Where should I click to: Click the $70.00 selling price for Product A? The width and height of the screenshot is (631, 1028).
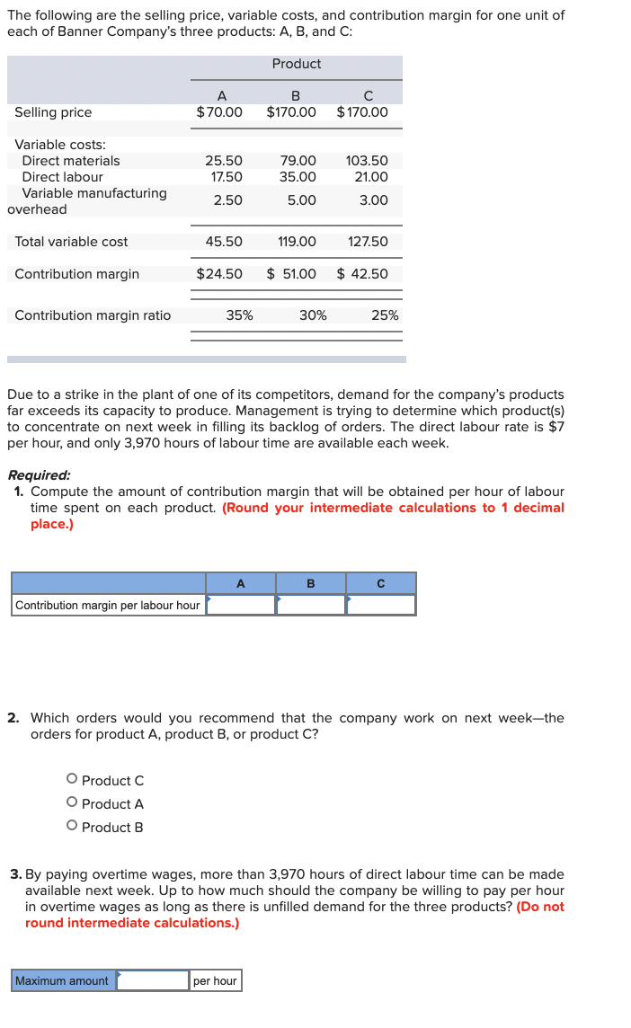(219, 112)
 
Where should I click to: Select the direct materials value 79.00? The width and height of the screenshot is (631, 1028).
(298, 161)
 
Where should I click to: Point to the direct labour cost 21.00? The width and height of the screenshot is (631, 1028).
(371, 177)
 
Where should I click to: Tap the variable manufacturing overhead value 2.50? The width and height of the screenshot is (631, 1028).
(227, 200)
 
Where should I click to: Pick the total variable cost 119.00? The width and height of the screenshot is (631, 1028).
(298, 242)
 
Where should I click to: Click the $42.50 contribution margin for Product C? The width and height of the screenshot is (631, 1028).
(362, 274)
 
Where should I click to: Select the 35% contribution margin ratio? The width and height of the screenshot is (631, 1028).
(239, 315)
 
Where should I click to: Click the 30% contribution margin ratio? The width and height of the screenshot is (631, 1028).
(313, 315)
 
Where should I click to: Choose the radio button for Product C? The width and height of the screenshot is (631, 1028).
(71, 781)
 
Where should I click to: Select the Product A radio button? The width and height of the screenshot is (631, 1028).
(71, 804)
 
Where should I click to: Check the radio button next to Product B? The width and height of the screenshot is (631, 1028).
(71, 828)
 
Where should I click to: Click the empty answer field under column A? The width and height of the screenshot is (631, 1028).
(241, 606)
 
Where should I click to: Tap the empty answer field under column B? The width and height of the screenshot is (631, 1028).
(311, 606)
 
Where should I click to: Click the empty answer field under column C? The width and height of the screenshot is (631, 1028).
(381, 606)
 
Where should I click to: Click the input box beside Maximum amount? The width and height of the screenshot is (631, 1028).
(153, 981)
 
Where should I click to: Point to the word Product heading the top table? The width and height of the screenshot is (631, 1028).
(297, 64)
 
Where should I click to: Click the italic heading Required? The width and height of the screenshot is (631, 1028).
(39, 475)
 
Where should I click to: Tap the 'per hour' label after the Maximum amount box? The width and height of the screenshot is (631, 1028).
(216, 981)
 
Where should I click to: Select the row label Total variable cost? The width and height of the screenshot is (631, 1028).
(71, 242)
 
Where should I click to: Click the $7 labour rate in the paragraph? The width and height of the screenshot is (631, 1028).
(555, 427)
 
